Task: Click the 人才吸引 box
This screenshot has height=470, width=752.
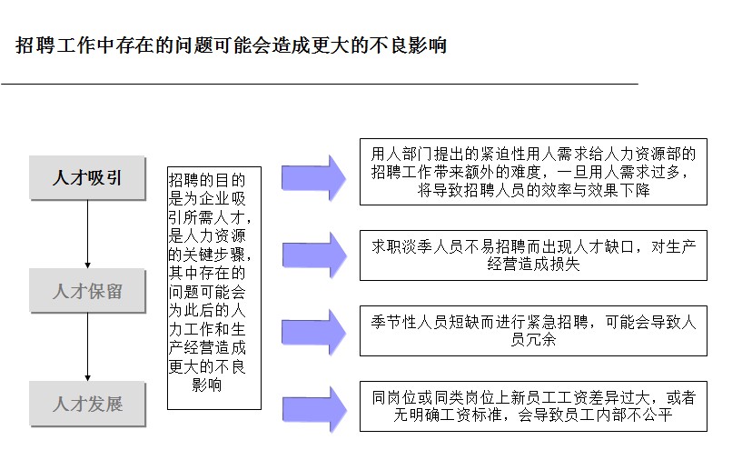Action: pos(87,177)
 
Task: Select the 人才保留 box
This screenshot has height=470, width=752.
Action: pos(87,291)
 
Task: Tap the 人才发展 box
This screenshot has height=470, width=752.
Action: pos(87,404)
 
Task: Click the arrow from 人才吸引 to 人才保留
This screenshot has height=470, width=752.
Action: pos(88,235)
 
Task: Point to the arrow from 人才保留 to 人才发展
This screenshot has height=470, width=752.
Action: pos(88,347)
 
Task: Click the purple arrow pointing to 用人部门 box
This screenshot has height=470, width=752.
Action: pos(313,178)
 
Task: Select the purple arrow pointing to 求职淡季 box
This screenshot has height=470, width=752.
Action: pos(314,255)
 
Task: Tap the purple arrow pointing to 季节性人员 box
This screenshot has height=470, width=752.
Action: pos(313,332)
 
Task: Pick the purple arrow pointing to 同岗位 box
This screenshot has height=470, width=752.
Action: pos(314,409)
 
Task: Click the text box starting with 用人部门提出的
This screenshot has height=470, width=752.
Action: pos(533,172)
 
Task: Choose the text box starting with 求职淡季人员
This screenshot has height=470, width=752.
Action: pos(533,255)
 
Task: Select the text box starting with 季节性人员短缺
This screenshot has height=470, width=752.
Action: pos(533,331)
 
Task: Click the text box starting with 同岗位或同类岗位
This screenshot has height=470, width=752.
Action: pos(533,406)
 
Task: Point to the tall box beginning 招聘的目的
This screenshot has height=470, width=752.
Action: pos(214,288)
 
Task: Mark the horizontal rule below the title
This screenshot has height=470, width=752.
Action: pos(320,84)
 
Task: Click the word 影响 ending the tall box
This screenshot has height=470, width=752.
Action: pos(207,385)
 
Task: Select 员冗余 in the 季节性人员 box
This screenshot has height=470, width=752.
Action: pos(533,339)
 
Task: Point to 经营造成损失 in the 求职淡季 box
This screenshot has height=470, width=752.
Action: pos(533,264)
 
